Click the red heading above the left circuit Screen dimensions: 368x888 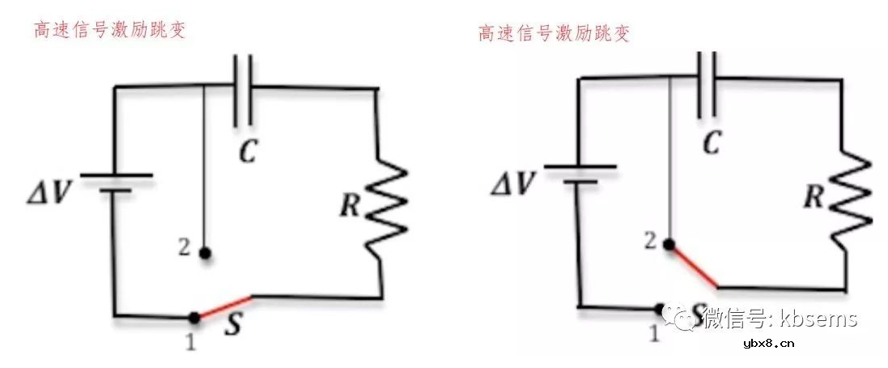pyautogui.click(x=109, y=30)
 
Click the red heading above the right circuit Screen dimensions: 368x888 pyautogui.click(x=554, y=33)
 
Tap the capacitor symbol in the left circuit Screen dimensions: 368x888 pyautogui.click(x=243, y=89)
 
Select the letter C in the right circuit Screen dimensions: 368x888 pyautogui.click(x=711, y=143)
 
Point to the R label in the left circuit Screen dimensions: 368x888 pyautogui.click(x=350, y=205)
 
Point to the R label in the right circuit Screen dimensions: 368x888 pyautogui.click(x=814, y=195)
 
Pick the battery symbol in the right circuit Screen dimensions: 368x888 pyautogui.click(x=579, y=173)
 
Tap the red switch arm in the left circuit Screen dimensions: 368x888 pyautogui.click(x=223, y=307)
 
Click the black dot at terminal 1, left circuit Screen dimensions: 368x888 pyautogui.click(x=193, y=317)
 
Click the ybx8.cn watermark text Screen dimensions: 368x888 pyautogui.click(x=768, y=343)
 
